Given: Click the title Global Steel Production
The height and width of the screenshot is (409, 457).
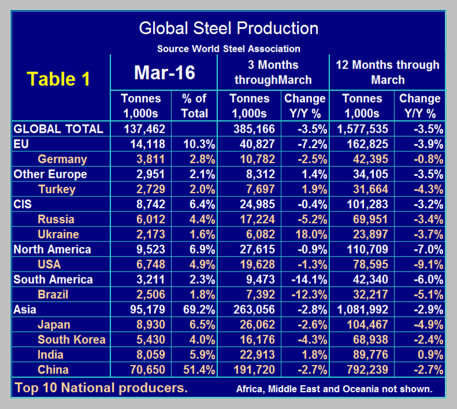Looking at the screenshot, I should (x=228, y=28).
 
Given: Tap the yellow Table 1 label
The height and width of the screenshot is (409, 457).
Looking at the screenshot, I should (x=59, y=79).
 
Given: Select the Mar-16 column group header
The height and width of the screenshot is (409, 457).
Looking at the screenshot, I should (x=165, y=73).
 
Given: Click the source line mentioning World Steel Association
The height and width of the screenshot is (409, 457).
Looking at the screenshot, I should (x=228, y=49).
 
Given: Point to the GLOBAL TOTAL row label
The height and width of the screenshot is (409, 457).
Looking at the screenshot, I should (x=58, y=129).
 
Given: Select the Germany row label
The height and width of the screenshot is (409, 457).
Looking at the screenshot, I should (x=62, y=159).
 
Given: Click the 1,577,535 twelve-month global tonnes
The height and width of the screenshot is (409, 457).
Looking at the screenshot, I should (x=362, y=129).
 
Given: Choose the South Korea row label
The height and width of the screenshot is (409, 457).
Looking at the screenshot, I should (x=71, y=339).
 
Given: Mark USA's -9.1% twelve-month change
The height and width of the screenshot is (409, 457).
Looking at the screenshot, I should (x=422, y=265).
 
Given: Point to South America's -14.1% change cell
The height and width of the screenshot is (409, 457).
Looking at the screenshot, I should (x=305, y=280).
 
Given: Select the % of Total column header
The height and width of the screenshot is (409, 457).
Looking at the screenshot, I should (x=194, y=106).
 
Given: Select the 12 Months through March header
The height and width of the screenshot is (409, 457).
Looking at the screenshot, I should (x=387, y=73).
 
